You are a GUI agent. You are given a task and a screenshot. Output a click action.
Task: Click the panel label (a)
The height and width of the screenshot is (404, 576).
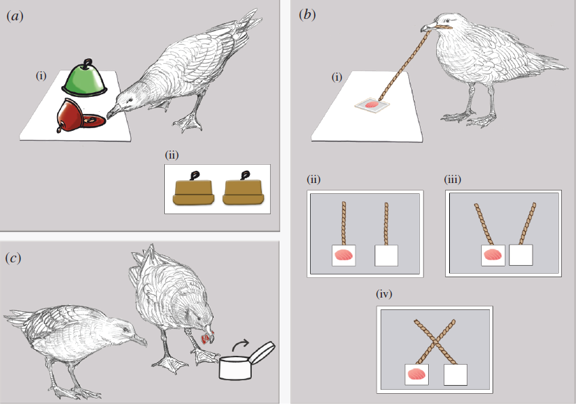(15, 16)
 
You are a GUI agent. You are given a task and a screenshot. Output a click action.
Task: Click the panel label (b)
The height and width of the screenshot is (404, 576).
(307, 15)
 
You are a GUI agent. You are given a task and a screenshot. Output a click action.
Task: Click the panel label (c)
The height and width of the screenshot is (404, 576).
(13, 258)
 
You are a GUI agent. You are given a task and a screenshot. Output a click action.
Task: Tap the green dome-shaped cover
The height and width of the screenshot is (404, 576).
(85, 78)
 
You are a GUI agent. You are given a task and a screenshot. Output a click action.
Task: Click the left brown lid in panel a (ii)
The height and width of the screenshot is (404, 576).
(193, 189)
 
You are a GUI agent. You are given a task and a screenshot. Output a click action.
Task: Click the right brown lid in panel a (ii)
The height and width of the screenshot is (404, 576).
(243, 189)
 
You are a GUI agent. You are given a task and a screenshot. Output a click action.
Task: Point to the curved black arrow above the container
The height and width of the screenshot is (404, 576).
(241, 346)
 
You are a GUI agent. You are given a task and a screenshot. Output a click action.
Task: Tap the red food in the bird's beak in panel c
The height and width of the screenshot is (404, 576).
(208, 337)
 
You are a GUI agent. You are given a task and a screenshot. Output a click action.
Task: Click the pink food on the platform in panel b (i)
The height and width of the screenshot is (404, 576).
(372, 105)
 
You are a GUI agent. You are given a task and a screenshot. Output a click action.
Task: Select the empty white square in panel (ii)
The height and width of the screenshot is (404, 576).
(387, 256)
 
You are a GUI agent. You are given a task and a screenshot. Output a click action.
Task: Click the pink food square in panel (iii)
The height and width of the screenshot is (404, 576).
(493, 255)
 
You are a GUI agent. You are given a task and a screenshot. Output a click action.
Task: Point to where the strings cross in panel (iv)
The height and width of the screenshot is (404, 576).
(435, 341)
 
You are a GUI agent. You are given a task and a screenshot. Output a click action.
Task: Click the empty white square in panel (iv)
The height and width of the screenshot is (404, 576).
(455, 375)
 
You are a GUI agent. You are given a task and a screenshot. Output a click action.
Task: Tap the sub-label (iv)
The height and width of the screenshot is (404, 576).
(384, 294)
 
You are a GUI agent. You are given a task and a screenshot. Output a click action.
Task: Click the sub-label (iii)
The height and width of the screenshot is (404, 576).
(453, 180)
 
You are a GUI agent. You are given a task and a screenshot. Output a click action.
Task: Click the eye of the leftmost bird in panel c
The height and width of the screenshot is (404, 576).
(127, 329)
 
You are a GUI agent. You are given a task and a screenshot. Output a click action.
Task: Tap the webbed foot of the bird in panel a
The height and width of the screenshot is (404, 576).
(188, 123)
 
